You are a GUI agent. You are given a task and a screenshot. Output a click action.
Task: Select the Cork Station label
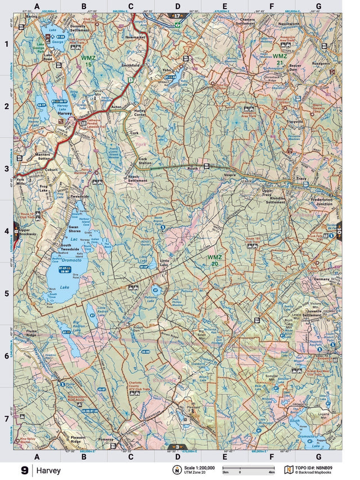click(145, 162)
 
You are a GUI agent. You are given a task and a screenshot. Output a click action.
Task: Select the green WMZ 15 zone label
click(88, 60)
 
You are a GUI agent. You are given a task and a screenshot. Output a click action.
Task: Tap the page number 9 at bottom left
click(24, 470)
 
